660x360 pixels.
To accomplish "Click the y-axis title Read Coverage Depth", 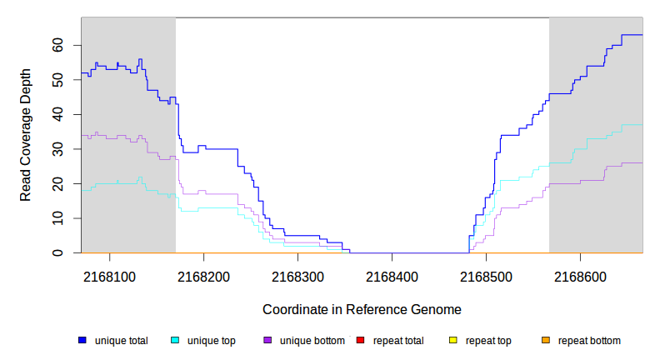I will (x=26, y=135).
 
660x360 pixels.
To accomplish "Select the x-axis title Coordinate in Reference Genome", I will (x=362, y=309).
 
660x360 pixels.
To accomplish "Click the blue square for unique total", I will (x=82, y=341).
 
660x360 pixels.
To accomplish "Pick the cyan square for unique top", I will (x=175, y=341).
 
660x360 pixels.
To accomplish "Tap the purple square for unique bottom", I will (x=267, y=341).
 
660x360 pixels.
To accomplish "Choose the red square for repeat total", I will (x=360, y=341).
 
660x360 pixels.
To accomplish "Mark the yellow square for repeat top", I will (x=453, y=341).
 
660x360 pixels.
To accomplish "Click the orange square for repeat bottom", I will (x=546, y=341).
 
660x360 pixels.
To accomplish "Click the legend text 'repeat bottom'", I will (x=589, y=341).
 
